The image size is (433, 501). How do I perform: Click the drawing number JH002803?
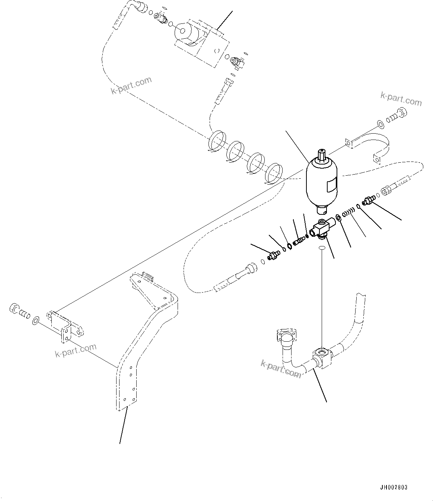[x=394, y=487]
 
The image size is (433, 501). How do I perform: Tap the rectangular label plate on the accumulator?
[x=332, y=185]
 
